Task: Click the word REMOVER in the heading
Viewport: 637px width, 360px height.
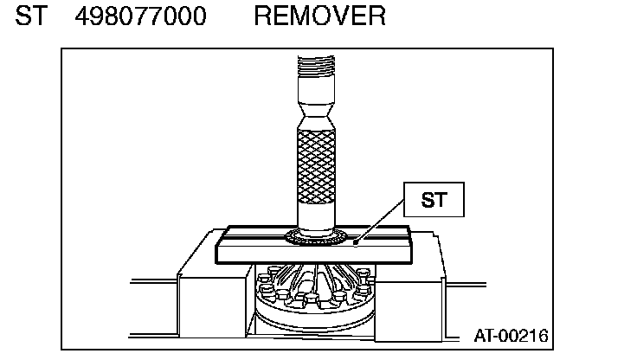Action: point(319,16)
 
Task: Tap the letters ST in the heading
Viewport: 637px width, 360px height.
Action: point(30,16)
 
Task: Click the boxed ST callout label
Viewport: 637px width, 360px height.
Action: point(434,201)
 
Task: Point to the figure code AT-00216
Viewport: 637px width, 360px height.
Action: point(510,334)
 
